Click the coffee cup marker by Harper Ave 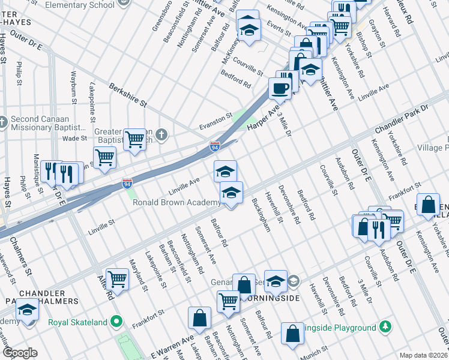point(279,88)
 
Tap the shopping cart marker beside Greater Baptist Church point(135,139)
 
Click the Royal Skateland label point(78,322)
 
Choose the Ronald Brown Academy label point(176,203)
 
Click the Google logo point(19,353)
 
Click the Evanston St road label point(215,121)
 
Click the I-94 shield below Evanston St point(215,146)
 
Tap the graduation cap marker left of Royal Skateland point(27,310)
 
